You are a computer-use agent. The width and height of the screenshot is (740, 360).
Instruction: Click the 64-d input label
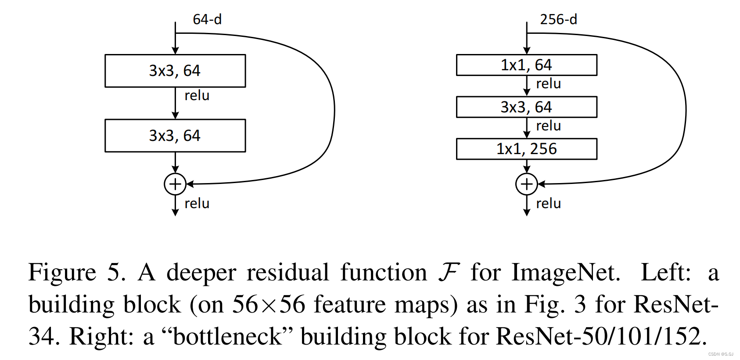[207, 19]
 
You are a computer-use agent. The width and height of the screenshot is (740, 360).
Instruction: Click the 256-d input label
[558, 19]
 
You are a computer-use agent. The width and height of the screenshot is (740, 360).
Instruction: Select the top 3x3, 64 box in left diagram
[175, 71]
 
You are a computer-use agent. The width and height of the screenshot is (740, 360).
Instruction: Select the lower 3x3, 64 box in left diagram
[175, 136]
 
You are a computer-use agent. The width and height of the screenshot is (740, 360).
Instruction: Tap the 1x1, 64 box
[526, 65]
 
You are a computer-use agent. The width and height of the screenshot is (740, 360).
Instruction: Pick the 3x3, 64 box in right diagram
[526, 107]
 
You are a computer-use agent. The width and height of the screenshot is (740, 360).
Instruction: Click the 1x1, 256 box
[526, 149]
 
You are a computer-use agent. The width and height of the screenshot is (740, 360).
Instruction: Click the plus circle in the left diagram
[175, 184]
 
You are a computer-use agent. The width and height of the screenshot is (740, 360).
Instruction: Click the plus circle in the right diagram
[527, 184]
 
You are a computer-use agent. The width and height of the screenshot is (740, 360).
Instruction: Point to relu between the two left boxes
[197, 95]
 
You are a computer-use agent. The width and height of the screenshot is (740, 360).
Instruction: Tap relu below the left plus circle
[197, 203]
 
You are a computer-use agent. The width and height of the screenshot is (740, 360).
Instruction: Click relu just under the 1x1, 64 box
[548, 83]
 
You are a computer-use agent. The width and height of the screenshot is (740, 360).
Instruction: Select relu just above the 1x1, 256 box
[548, 126]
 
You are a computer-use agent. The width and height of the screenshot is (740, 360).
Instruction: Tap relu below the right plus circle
[548, 203]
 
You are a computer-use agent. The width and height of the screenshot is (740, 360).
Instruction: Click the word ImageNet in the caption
[566, 273]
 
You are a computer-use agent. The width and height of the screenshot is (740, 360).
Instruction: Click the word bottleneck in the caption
[227, 337]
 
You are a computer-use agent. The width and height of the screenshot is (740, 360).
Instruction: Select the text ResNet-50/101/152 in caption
[601, 337]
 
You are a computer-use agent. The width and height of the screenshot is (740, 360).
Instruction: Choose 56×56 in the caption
[268, 304]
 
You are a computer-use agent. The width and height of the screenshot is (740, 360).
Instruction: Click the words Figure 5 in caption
[77, 273]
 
